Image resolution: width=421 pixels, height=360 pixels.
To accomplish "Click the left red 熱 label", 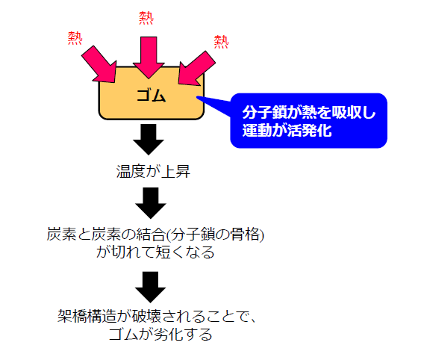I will click(75, 38).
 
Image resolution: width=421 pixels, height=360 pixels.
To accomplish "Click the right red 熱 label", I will click(221, 41).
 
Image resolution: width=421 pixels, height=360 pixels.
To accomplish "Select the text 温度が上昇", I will click(150, 172).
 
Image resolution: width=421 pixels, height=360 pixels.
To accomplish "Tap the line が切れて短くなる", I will click(155, 252).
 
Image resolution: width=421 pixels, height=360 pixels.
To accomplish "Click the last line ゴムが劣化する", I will click(155, 335).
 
